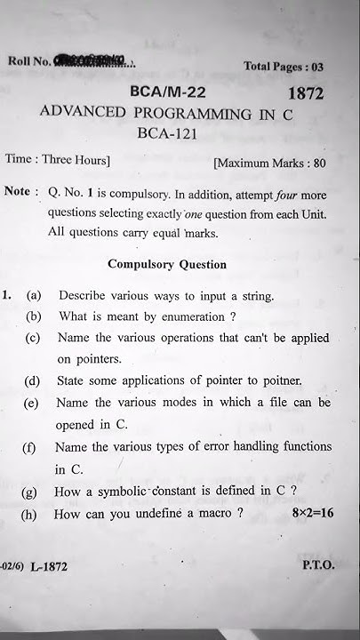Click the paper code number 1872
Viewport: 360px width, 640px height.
pyautogui.click(x=305, y=93)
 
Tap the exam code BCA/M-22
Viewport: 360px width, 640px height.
pyautogui.click(x=166, y=92)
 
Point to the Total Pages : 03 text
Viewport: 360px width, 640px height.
pyautogui.click(x=284, y=67)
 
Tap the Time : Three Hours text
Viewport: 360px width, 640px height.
pyautogui.click(x=58, y=160)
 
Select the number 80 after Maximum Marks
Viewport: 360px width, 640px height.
pyautogui.click(x=319, y=164)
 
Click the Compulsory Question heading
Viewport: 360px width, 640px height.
pyautogui.click(x=167, y=264)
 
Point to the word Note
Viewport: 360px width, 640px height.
pyautogui.click(x=20, y=192)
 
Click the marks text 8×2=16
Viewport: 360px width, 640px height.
pyautogui.click(x=311, y=514)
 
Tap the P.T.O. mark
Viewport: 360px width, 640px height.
pyautogui.click(x=317, y=564)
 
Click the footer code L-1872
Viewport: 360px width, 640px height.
pyautogui.click(x=48, y=566)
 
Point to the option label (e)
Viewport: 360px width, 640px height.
pyautogui.click(x=31, y=403)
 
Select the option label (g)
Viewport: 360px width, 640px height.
pyautogui.click(x=32, y=491)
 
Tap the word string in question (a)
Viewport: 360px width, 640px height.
pyautogui.click(x=254, y=295)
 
